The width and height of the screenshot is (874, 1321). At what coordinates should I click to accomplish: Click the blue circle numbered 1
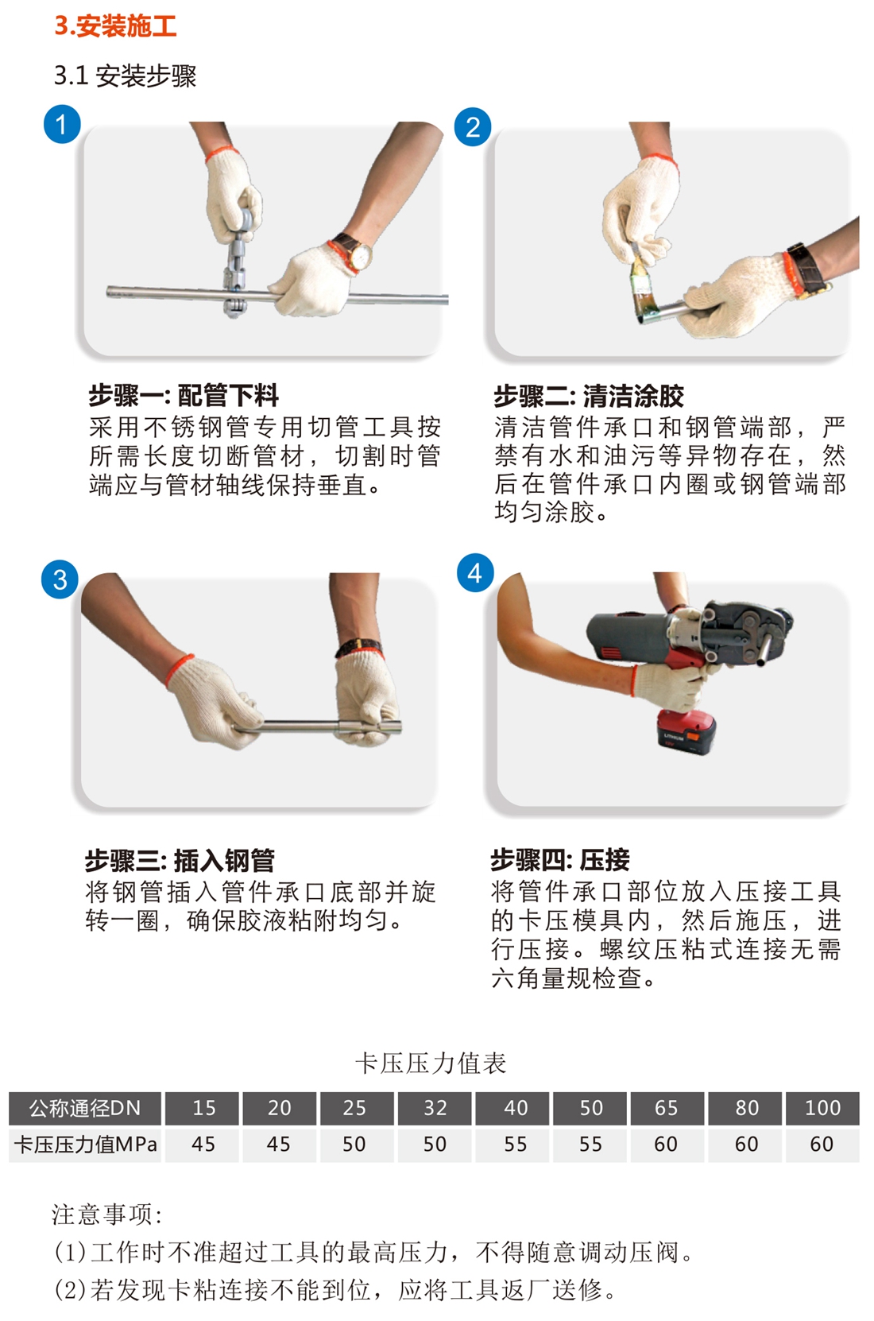pyautogui.click(x=62, y=125)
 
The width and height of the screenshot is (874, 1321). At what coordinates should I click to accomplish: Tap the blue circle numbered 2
pyautogui.click(x=473, y=127)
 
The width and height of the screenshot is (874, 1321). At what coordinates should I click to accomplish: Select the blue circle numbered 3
pyautogui.click(x=60, y=579)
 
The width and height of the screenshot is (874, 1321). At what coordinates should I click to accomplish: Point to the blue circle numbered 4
pyautogui.click(x=475, y=572)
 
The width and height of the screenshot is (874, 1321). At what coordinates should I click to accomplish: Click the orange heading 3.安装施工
pyautogui.click(x=115, y=26)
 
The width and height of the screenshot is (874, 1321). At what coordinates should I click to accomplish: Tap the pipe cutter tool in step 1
pyautogui.click(x=237, y=259)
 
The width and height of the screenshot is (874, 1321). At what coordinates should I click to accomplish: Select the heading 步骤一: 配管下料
pyautogui.click(x=184, y=395)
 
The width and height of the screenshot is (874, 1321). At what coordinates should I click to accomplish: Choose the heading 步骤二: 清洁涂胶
pyautogui.click(x=589, y=396)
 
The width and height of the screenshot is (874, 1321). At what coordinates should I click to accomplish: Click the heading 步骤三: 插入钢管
pyautogui.click(x=180, y=861)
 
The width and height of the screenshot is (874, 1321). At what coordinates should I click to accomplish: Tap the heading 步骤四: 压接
pyautogui.click(x=560, y=860)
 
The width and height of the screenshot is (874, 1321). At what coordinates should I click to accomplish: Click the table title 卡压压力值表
pyautogui.click(x=431, y=1063)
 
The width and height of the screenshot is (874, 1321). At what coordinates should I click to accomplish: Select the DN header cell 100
pyautogui.click(x=822, y=1107)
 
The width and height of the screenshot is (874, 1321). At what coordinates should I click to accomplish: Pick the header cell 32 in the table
pyautogui.click(x=435, y=1107)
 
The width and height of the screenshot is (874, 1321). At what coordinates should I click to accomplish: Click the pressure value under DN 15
pyautogui.click(x=203, y=1144)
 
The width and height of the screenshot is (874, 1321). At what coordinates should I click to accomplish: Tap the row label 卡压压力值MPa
pyautogui.click(x=86, y=1144)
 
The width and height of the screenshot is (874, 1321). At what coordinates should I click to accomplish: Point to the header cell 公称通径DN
pyautogui.click(x=86, y=1108)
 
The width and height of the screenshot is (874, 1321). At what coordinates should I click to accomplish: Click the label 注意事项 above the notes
pyautogui.click(x=106, y=1214)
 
